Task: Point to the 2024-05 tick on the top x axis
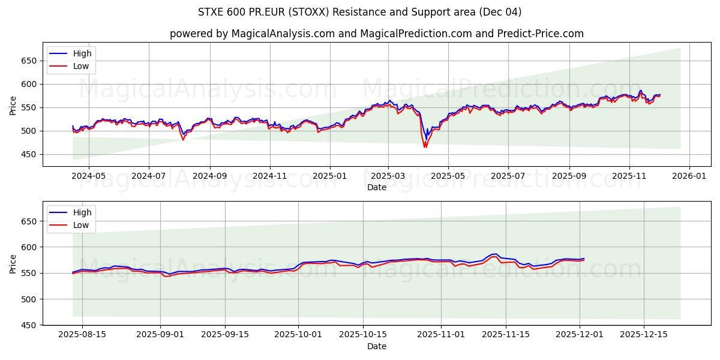[x=88, y=177]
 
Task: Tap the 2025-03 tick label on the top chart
[x=388, y=177]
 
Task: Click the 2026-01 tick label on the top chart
[x=689, y=177]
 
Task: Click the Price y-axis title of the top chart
[x=13, y=106]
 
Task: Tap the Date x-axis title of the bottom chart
[x=377, y=346]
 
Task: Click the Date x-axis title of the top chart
[x=377, y=187]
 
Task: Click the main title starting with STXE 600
[x=360, y=12]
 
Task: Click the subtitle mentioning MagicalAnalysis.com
[x=377, y=34]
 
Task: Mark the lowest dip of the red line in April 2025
[x=425, y=147]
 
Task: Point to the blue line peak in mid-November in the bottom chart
[x=494, y=254]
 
